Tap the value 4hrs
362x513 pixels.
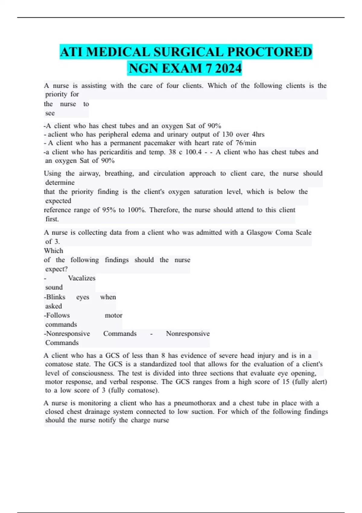pyautogui.click(x=258, y=134)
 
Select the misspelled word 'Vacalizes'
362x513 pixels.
pyautogui.click(x=81, y=278)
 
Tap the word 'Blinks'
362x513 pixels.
pyautogui.click(x=56, y=297)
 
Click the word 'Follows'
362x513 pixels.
pyautogui.click(x=58, y=315)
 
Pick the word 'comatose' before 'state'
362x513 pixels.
pyautogui.click(x=59, y=364)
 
